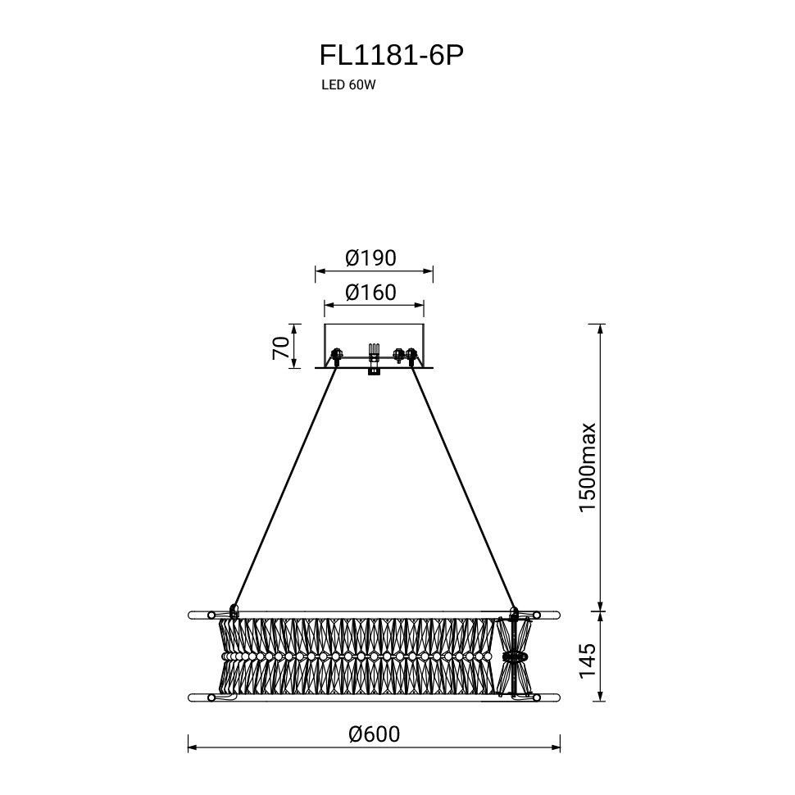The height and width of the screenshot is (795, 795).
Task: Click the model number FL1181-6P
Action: point(391,56)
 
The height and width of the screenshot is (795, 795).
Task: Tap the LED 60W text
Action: point(348,85)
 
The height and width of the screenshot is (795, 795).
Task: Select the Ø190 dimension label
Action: point(370,258)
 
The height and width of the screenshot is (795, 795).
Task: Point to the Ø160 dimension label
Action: point(370,293)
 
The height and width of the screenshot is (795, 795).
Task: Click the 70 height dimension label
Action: point(281,348)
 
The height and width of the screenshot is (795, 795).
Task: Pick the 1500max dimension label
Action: point(588,467)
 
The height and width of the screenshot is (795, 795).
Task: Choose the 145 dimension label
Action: point(588,661)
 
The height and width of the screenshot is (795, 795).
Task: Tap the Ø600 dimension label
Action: point(375,734)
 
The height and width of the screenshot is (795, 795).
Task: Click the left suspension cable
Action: point(285,486)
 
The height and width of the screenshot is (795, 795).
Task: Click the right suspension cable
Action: point(463,486)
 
